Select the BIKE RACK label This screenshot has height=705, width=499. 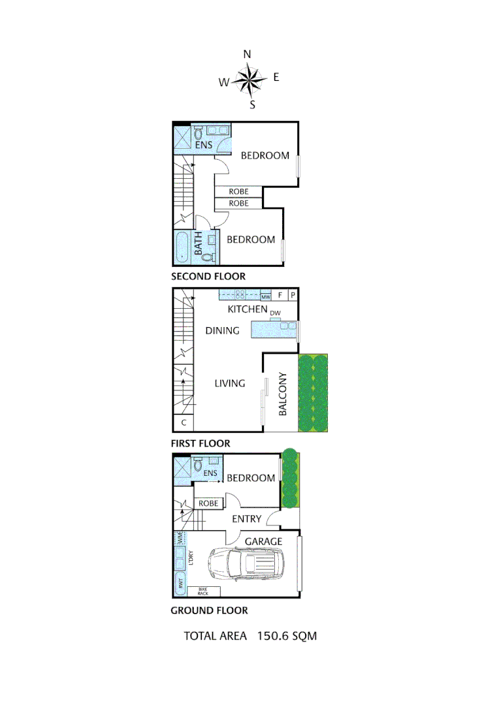(202, 591)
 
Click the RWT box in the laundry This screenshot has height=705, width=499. (180, 584)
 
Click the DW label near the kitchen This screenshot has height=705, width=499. (275, 313)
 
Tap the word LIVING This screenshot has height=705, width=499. (230, 383)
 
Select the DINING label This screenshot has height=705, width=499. (222, 330)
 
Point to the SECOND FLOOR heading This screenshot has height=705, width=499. (208, 276)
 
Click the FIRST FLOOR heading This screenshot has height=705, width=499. (201, 443)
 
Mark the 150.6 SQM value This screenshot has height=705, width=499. (287, 635)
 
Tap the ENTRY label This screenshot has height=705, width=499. (247, 519)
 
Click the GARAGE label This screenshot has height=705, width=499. (263, 541)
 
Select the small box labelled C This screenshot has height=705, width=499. (184, 423)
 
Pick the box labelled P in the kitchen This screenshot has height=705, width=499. (293, 295)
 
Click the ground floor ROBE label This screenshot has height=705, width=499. (208, 503)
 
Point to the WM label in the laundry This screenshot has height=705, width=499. (179, 539)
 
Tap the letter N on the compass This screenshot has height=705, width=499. (248, 55)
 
